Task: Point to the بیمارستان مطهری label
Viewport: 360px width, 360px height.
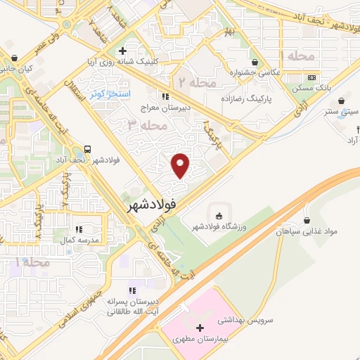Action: pos(200,340)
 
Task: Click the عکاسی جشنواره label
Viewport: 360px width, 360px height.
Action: pos(255,72)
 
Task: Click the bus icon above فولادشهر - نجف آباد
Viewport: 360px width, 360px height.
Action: pos(88,149)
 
